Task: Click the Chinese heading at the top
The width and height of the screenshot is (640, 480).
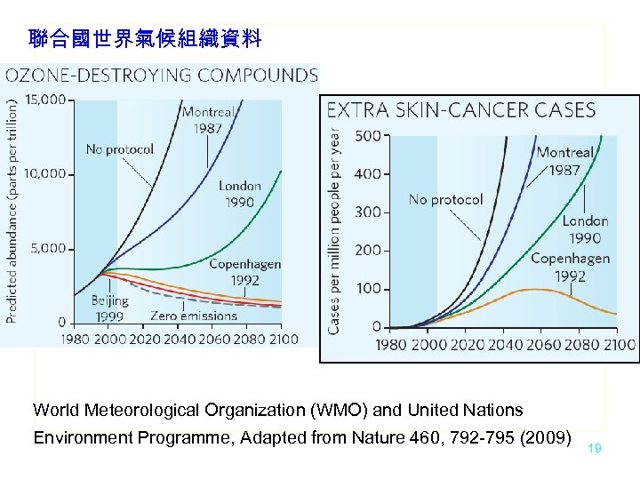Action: point(145,38)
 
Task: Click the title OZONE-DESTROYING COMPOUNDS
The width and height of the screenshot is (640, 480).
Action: point(161,75)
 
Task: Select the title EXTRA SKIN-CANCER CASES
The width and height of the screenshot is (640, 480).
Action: point(461,110)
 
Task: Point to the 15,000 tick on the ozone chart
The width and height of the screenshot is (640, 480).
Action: point(45,100)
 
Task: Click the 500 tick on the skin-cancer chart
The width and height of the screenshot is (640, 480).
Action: point(367,136)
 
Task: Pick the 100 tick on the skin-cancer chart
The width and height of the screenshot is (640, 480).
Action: point(367,289)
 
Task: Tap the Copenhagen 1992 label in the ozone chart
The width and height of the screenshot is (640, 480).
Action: point(233,272)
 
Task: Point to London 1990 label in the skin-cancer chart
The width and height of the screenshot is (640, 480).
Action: point(585,229)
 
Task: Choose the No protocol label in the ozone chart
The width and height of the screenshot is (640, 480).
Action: point(119,149)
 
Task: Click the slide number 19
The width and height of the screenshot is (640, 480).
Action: point(595,449)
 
